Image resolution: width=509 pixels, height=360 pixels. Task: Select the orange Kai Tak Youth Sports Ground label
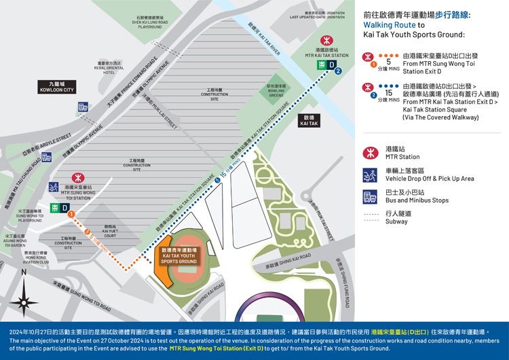click(x=178, y=255)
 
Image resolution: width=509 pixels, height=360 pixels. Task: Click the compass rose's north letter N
click(x=24, y=272)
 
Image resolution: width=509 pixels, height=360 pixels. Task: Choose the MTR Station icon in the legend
click(x=370, y=153)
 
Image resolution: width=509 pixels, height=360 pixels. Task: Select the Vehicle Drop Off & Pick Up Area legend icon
click(x=370, y=175)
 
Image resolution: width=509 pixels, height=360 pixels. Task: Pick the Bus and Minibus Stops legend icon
click(x=370, y=197)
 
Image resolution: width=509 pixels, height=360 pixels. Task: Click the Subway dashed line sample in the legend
click(x=371, y=217)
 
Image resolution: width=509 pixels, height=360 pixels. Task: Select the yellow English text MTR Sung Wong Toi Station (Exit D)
click(x=214, y=348)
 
